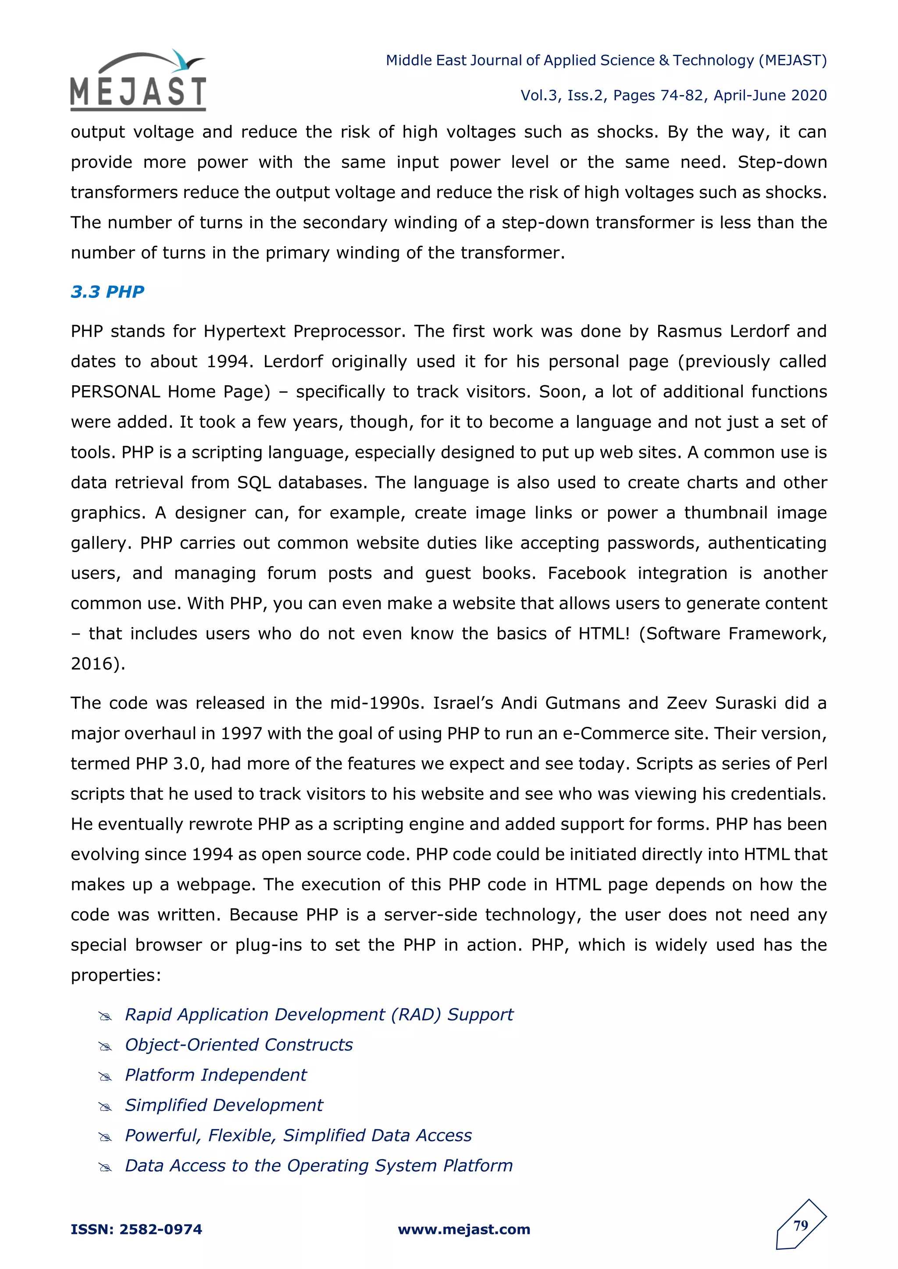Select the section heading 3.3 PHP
coord(107,291)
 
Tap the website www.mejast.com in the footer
coord(464,1229)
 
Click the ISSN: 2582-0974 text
coord(136,1229)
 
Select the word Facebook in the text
coord(586,573)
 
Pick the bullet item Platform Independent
coord(216,1075)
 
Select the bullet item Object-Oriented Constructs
coord(239,1045)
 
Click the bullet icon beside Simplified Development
coord(105,1106)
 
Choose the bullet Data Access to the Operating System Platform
coord(318,1166)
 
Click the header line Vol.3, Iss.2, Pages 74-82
coord(673,96)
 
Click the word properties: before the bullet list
coord(116,975)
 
